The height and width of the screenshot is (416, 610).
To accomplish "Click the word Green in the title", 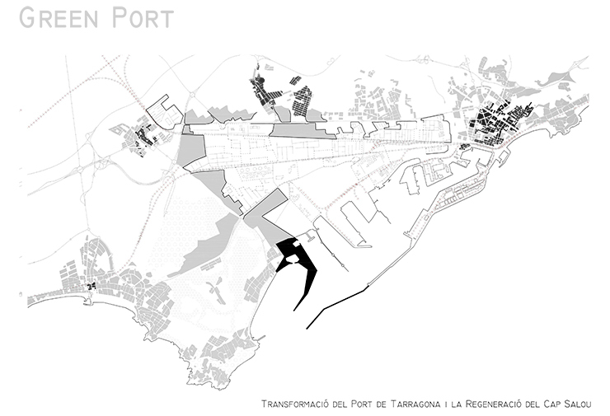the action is click(x=59, y=18).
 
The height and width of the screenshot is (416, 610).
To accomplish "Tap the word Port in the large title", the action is click(x=143, y=18).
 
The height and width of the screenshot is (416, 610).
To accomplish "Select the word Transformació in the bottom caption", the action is click(x=295, y=404).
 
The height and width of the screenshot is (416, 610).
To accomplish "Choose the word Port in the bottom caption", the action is click(x=361, y=404).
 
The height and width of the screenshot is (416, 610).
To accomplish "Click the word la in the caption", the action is click(x=456, y=404).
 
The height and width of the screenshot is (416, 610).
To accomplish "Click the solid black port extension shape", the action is click(x=299, y=264).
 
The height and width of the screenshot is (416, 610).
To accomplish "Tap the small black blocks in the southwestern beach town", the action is click(x=91, y=287).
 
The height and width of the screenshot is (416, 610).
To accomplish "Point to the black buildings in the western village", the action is click(x=143, y=139).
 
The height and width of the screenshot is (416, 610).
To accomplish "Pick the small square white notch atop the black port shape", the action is click(x=296, y=243).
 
